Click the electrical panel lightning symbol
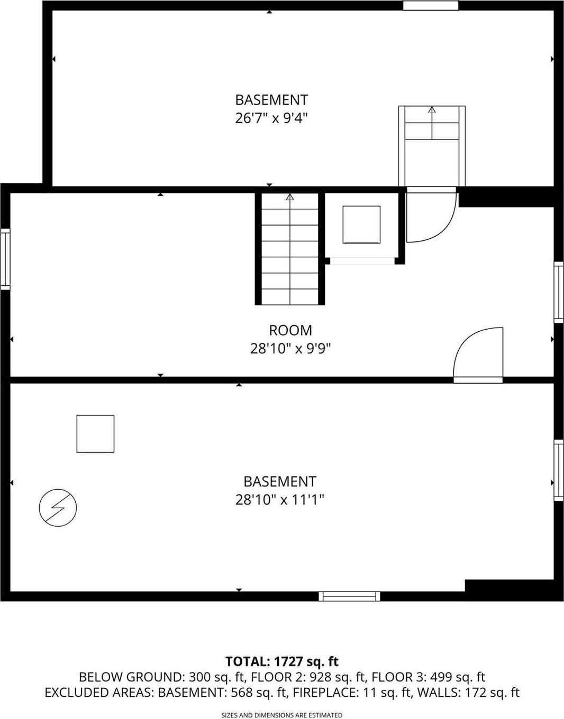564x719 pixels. click(x=58, y=508)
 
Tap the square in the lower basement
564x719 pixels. click(x=95, y=434)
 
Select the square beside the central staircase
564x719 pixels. click(x=361, y=225)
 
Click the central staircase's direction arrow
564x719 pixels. click(x=290, y=198)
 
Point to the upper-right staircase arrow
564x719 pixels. click(x=432, y=110)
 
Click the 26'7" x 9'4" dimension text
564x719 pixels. click(x=271, y=118)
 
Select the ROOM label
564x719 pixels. click(x=290, y=331)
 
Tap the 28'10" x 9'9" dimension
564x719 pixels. click(x=290, y=349)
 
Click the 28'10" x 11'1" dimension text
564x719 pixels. click(x=279, y=500)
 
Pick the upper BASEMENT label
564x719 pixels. click(x=271, y=100)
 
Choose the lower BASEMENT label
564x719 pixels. click(x=279, y=482)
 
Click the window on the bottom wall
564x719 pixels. click(x=349, y=596)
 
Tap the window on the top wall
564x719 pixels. click(x=430, y=5)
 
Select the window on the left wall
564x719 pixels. click(x=5, y=259)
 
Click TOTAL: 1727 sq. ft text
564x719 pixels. click(x=281, y=661)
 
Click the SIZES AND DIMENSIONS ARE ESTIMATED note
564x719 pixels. click(x=281, y=715)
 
